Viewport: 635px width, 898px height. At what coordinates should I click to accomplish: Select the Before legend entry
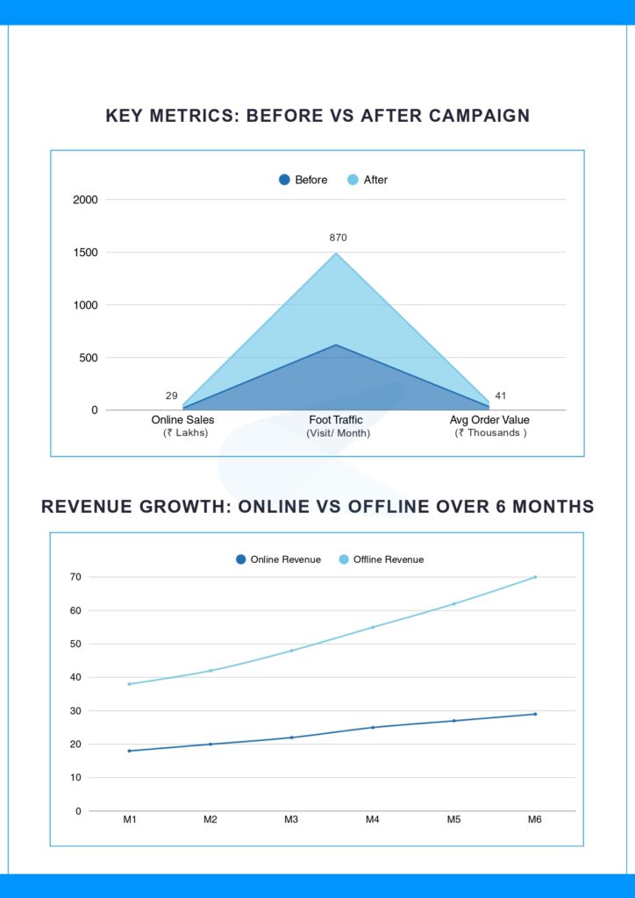click(303, 180)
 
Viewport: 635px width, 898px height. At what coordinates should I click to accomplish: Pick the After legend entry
click(367, 180)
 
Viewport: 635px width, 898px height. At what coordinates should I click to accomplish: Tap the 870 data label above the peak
click(339, 238)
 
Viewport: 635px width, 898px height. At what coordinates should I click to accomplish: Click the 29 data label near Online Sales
click(172, 396)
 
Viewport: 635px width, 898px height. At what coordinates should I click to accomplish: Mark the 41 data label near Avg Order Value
click(501, 396)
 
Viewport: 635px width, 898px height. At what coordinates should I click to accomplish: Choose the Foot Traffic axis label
click(336, 420)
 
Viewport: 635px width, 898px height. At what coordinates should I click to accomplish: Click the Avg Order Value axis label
click(489, 420)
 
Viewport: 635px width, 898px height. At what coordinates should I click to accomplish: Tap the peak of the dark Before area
click(336, 345)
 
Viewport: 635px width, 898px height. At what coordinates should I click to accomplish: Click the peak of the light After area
click(336, 253)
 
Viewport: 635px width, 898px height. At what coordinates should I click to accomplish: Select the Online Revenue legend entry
click(278, 559)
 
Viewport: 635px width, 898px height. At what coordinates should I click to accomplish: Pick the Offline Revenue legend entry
click(381, 559)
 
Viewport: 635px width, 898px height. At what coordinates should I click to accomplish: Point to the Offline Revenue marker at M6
click(535, 577)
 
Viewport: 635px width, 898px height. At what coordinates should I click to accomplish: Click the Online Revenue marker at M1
click(130, 751)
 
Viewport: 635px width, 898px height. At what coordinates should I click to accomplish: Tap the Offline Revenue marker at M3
click(291, 651)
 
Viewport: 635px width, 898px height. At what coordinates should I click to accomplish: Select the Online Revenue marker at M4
click(373, 727)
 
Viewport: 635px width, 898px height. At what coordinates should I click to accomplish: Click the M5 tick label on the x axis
click(453, 820)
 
